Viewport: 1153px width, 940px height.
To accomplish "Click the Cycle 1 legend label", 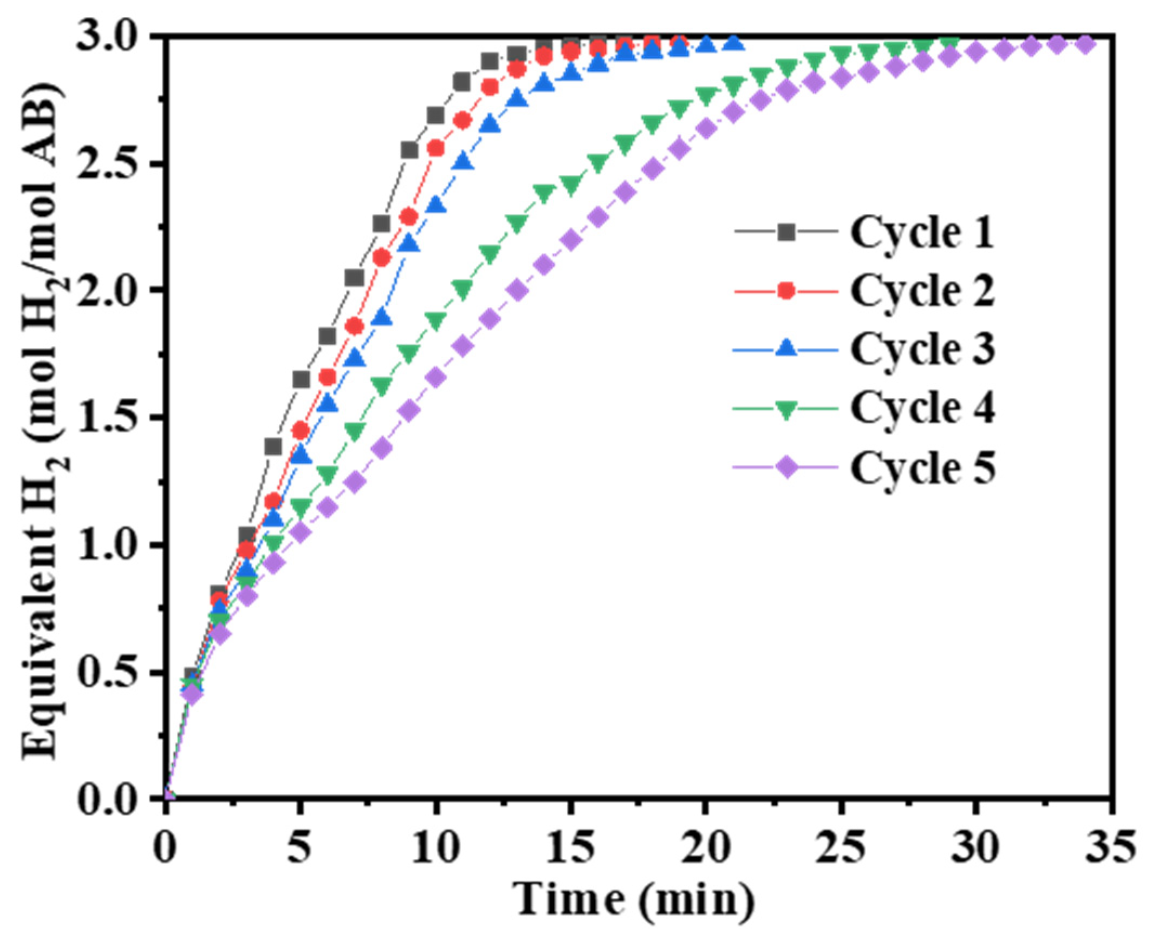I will tap(922, 233).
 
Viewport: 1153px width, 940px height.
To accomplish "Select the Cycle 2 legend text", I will tap(922, 291).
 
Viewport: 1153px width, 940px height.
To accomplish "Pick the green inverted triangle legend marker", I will tap(787, 409).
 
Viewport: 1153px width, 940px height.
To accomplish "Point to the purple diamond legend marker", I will tap(787, 466).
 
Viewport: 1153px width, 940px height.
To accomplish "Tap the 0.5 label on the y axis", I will tap(113, 672).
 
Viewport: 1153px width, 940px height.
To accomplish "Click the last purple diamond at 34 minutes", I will tap(1084, 44).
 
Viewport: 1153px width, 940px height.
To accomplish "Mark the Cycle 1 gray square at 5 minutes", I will tap(301, 379).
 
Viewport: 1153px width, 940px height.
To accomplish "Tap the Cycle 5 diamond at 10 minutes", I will tap(436, 377).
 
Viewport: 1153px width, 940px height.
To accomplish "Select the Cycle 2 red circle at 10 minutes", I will tap(436, 148).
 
